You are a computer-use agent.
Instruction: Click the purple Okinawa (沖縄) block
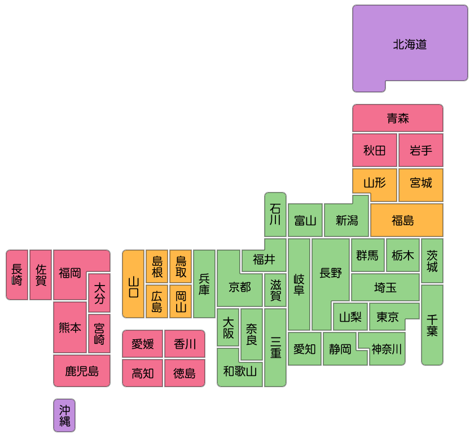tap(64, 415)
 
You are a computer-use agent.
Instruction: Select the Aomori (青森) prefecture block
tap(397, 118)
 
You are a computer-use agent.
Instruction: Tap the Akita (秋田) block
tap(375, 150)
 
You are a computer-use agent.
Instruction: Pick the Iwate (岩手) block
tap(421, 150)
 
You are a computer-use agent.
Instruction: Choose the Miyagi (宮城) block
tap(421, 185)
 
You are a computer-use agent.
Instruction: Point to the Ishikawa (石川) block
tap(275, 214)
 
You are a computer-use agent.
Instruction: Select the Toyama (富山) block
tap(305, 220)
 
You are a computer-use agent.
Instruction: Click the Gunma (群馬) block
tap(367, 255)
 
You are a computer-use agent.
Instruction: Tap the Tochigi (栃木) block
tap(403, 255)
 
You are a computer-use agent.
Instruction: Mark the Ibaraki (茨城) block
tap(432, 261)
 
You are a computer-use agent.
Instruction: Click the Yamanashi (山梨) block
tap(350, 317)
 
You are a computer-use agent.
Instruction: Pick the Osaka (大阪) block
tap(228, 327)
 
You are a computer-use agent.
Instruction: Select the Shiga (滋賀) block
tap(275, 290)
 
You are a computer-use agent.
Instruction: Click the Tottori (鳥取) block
tap(181, 266)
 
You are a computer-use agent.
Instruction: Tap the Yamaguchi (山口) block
tap(133, 284)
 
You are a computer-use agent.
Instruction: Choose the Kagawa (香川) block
tap(185, 344)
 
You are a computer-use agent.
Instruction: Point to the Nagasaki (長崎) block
tap(17, 275)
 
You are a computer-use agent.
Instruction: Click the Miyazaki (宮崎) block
tap(99, 334)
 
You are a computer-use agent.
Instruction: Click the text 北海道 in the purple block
tap(410, 45)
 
